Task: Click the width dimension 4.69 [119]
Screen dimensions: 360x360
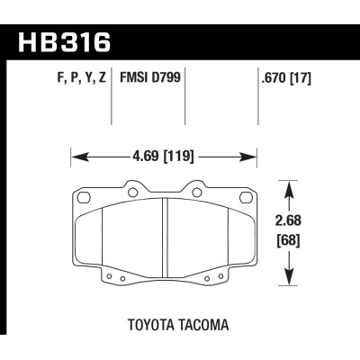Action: point(164,156)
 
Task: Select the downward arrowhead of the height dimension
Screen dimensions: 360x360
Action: point(288,281)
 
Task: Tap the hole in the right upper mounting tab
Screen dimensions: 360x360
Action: point(197,190)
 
